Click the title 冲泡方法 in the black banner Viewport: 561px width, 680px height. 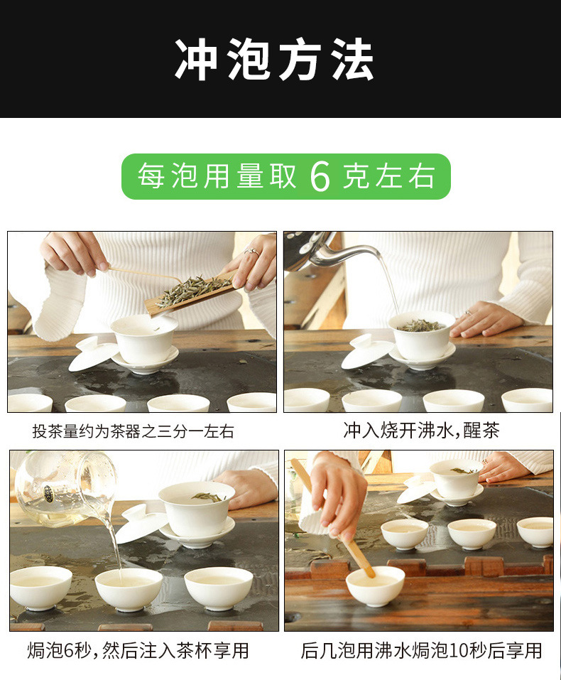[x=274, y=60]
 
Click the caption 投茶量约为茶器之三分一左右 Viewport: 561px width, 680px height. [x=133, y=431]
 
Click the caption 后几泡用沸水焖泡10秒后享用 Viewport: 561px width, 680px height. [x=421, y=650]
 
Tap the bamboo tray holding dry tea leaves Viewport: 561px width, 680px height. [x=190, y=291]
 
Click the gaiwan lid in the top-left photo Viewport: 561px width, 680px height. [x=94, y=353]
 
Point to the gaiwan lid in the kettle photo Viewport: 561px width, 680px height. [x=366, y=353]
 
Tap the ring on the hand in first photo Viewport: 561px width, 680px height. [x=251, y=251]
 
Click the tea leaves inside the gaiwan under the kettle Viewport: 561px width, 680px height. [x=421, y=325]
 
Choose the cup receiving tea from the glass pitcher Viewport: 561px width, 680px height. [x=129, y=588]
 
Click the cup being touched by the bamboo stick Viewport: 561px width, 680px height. [x=375, y=585]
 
